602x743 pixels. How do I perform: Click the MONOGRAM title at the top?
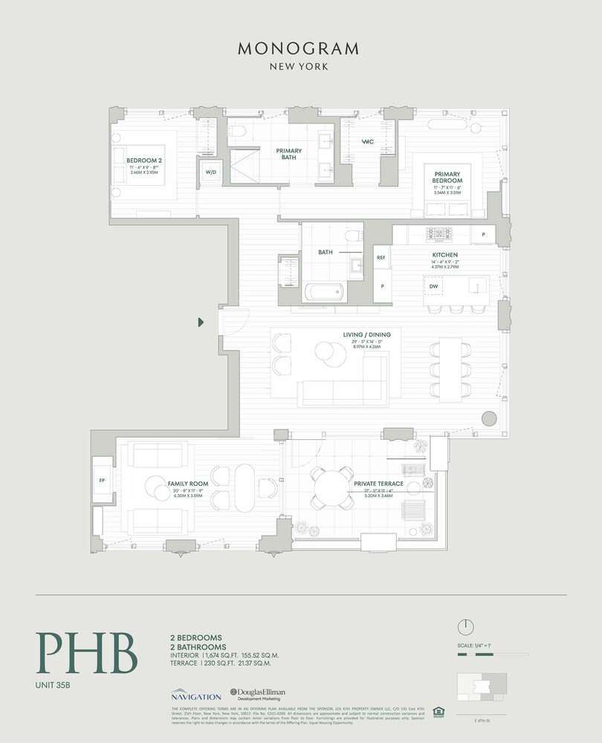299,49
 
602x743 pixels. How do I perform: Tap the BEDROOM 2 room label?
143,160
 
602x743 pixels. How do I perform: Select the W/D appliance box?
210,172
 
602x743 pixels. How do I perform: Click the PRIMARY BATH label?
289,153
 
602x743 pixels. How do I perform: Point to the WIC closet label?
366,142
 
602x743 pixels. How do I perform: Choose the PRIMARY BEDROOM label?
448,177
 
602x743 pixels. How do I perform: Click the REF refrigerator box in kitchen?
381,257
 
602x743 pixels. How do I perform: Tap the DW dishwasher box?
433,285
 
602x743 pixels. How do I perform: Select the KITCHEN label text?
444,255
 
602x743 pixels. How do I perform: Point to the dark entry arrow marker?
201,322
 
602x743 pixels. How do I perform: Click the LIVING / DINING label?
366,334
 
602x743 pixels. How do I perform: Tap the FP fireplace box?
101,480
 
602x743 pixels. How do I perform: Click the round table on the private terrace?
329,487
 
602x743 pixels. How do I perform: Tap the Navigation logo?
196,695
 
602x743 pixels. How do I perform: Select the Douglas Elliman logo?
257,694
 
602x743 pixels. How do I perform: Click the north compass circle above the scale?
466,626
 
